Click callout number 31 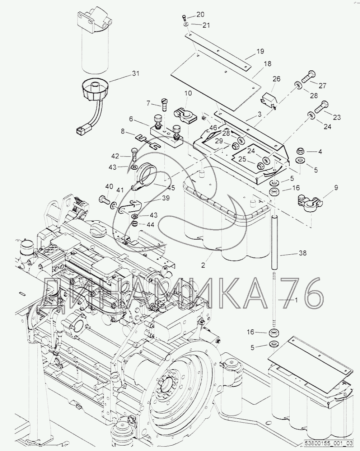(135, 74)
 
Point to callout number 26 (276, 79)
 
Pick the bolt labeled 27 (309, 77)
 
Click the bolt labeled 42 (134, 154)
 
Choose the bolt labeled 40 (104, 199)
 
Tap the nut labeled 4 (300, 151)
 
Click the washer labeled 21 (186, 25)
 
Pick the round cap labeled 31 (95, 89)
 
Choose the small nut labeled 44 (135, 224)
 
